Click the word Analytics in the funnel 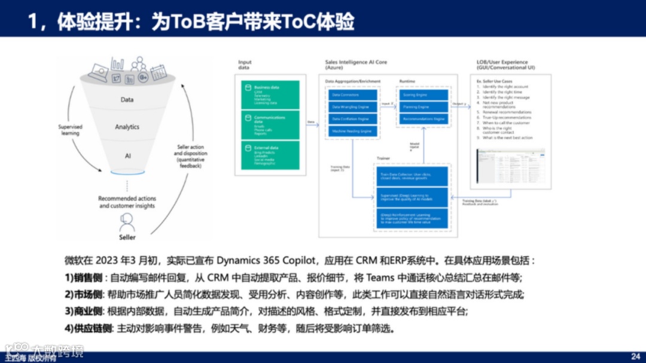pos(127,127)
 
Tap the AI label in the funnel pos(127,155)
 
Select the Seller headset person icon pos(127,222)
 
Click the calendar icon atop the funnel pos(158,72)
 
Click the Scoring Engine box pos(423,95)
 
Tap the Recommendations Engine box pos(423,119)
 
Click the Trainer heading pos(383,158)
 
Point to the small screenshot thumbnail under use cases pos(510,166)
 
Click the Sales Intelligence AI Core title pos(356,62)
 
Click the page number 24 pos(635,356)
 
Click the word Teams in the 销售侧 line pos(380,277)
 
